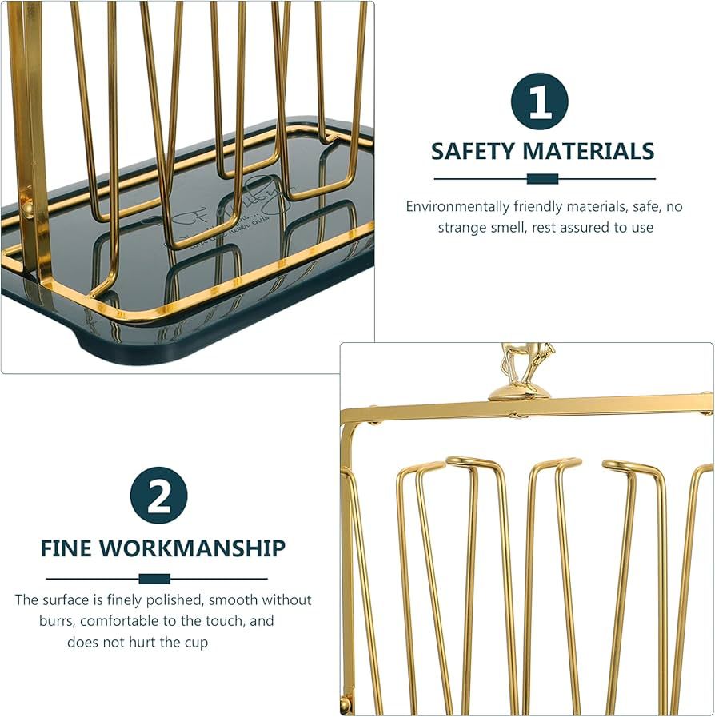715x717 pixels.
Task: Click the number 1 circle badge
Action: tap(540, 102)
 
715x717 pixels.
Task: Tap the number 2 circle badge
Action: tap(158, 496)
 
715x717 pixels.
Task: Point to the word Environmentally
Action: tap(454, 206)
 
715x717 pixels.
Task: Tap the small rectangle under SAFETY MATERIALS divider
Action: tap(542, 179)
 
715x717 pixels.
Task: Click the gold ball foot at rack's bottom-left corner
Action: tap(346, 704)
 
